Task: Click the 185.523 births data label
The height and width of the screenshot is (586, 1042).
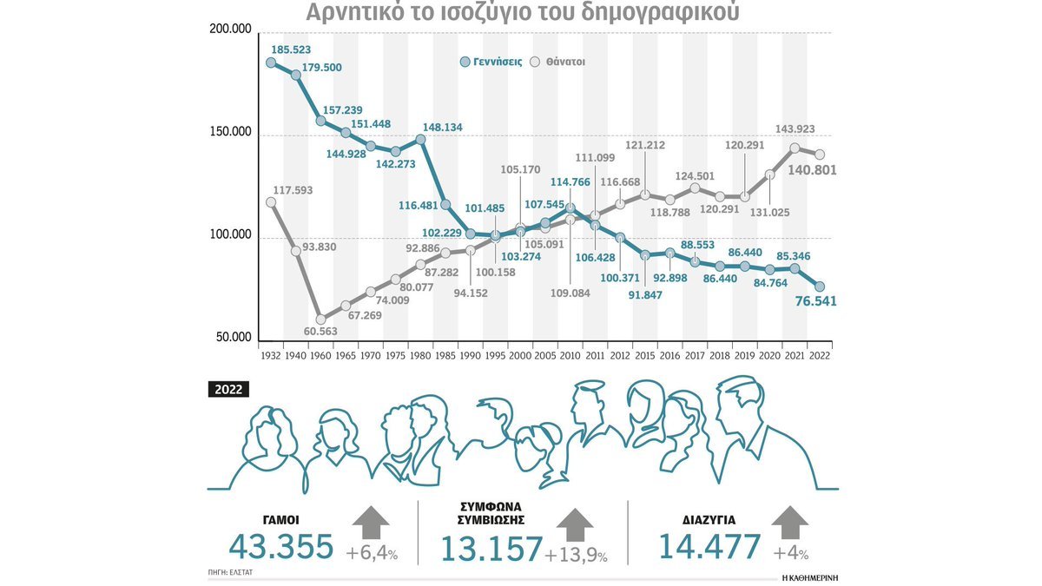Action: click(x=291, y=49)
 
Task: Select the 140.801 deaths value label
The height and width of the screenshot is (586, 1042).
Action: click(x=811, y=170)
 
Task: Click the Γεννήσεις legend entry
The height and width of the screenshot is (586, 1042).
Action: click(x=491, y=63)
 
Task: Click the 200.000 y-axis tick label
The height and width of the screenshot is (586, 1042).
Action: click(x=230, y=30)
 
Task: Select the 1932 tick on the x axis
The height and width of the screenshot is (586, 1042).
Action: click(x=270, y=356)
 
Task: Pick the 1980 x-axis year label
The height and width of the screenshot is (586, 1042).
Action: click(x=420, y=356)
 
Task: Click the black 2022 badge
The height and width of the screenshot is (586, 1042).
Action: click(x=228, y=390)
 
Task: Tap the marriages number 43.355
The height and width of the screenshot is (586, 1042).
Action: click(x=281, y=547)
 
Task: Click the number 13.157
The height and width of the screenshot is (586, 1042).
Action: click(x=491, y=550)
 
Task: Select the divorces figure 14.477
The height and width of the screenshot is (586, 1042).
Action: click(x=709, y=547)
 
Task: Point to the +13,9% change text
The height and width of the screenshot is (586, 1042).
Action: click(x=577, y=556)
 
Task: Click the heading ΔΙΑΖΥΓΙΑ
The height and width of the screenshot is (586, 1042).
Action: click(x=709, y=520)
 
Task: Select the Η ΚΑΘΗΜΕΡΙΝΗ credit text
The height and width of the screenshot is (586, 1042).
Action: click(x=814, y=576)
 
